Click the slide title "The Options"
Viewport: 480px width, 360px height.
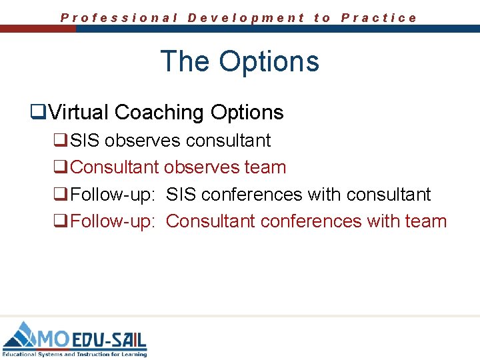click(240, 61)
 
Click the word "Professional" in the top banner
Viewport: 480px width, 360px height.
click(119, 18)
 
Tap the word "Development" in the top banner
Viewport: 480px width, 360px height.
click(246, 18)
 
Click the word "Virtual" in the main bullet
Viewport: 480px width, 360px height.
click(79, 113)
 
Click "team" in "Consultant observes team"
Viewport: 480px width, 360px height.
click(265, 167)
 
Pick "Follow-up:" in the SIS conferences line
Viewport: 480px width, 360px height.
click(113, 195)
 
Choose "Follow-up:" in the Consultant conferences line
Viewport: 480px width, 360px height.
click(113, 221)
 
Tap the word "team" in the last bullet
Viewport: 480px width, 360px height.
click(425, 221)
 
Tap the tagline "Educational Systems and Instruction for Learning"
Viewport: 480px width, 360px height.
click(75, 354)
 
